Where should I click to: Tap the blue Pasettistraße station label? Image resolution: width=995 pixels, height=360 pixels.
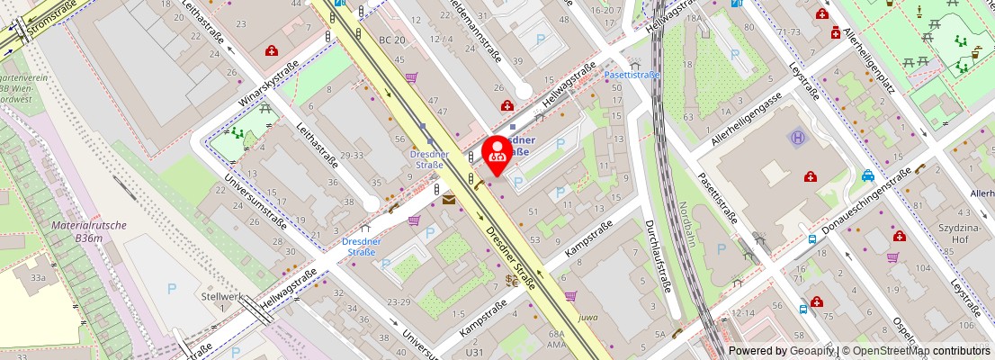point(631,75)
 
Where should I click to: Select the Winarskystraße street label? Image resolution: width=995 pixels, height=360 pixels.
point(268,82)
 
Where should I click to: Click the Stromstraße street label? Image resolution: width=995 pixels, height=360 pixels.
point(51,20)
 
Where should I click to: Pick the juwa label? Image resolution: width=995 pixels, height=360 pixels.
point(587,318)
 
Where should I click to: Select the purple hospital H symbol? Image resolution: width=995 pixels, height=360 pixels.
point(797,138)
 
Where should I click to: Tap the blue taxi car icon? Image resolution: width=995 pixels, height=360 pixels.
point(866,175)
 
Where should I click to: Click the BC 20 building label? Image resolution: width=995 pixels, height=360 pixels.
point(392,40)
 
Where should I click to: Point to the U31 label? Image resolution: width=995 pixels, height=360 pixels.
point(474,352)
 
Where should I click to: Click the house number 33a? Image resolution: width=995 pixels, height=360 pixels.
point(37,279)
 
